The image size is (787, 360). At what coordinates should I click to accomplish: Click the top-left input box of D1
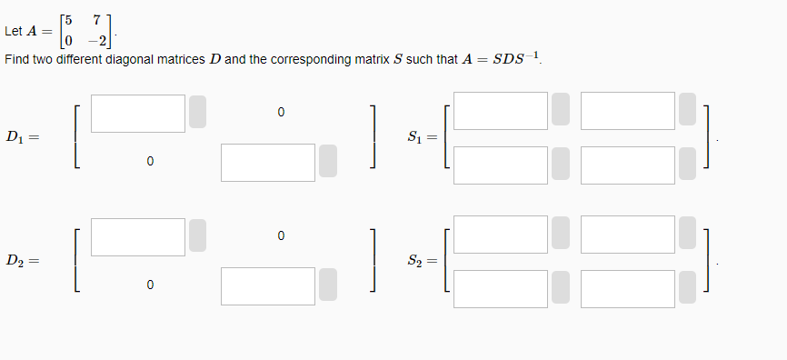coord(138,112)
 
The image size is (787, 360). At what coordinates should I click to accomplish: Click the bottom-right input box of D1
coord(268,161)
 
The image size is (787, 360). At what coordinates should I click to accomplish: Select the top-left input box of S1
coord(502,111)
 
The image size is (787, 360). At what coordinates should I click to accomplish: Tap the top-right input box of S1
coord(628,111)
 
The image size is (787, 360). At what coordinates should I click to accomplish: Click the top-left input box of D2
coord(138,236)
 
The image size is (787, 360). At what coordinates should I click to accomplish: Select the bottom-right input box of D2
coord(268,285)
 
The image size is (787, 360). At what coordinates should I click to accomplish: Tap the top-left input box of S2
coord(502,235)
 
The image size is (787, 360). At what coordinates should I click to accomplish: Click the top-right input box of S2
coord(628,235)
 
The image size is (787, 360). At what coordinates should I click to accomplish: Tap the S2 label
coord(420,262)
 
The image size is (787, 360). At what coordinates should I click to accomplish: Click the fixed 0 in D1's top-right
coord(281,113)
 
